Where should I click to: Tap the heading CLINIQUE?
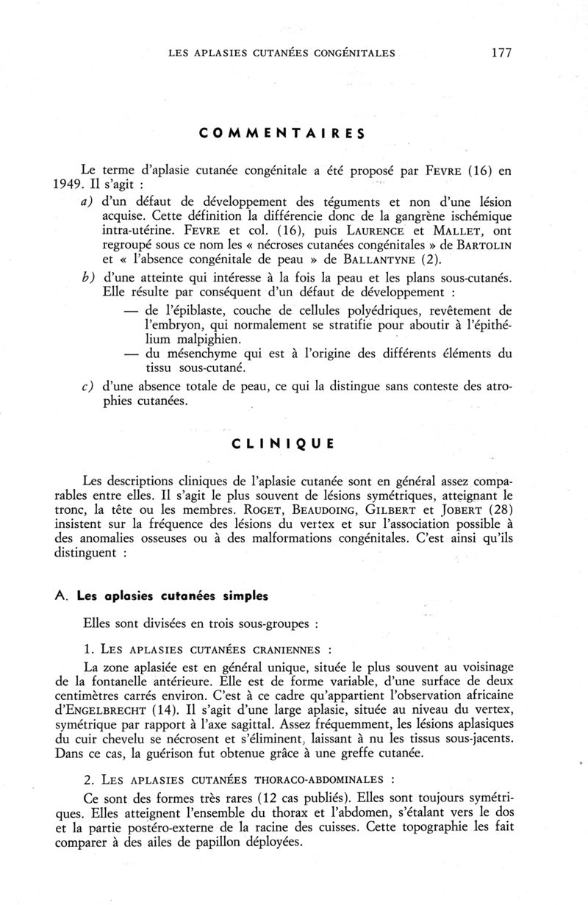click(282, 443)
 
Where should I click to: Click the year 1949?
click(98, 185)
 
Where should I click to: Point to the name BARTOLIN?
click(482, 244)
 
